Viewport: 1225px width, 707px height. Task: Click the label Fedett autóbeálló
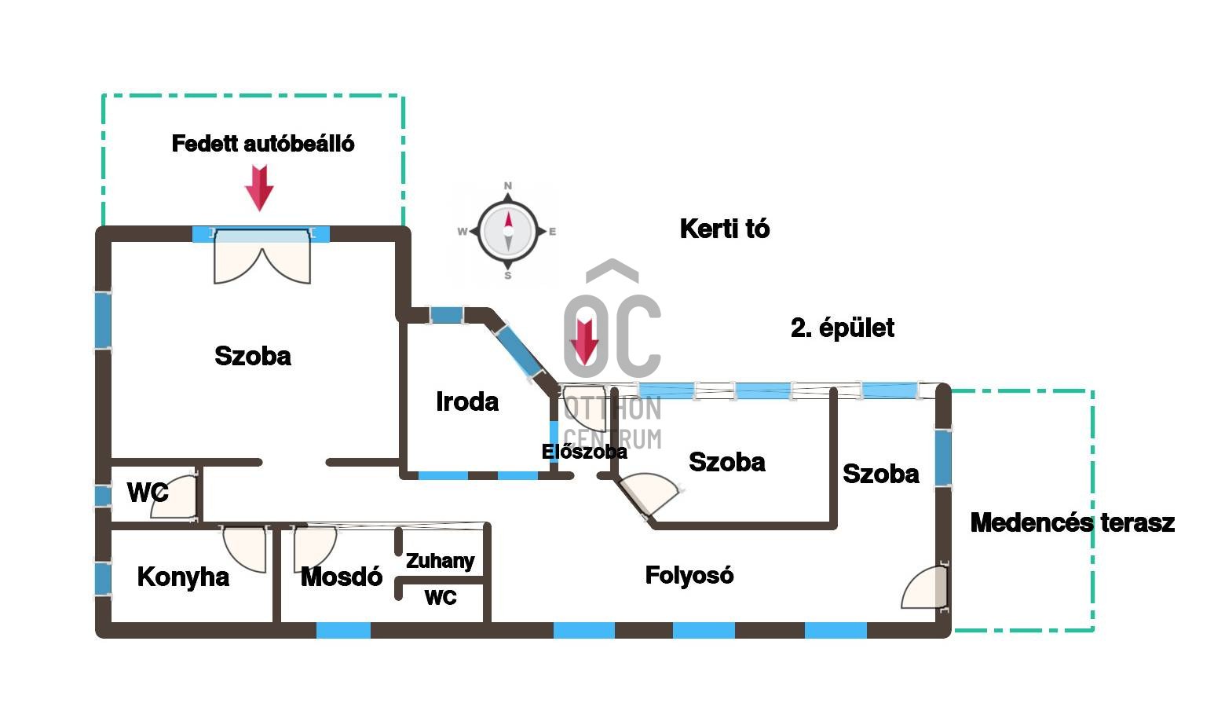click(262, 144)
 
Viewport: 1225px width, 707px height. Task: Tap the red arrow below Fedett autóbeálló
click(259, 188)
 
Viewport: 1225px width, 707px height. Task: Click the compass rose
click(508, 231)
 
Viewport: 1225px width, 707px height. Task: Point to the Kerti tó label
click(724, 229)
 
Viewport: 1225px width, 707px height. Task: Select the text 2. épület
click(842, 328)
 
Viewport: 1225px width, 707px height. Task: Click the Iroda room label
click(467, 401)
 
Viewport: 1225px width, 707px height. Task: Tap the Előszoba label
click(584, 452)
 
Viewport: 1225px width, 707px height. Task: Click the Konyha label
click(183, 577)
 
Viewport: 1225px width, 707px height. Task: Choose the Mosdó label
click(341, 577)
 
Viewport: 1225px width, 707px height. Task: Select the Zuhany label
click(440, 561)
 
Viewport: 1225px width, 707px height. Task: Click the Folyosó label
click(689, 575)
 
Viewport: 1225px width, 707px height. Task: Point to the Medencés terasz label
click(1072, 522)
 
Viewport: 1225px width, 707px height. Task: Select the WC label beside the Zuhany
click(440, 598)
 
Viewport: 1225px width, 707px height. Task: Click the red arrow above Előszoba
click(584, 341)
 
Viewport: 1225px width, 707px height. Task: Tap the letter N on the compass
click(508, 186)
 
